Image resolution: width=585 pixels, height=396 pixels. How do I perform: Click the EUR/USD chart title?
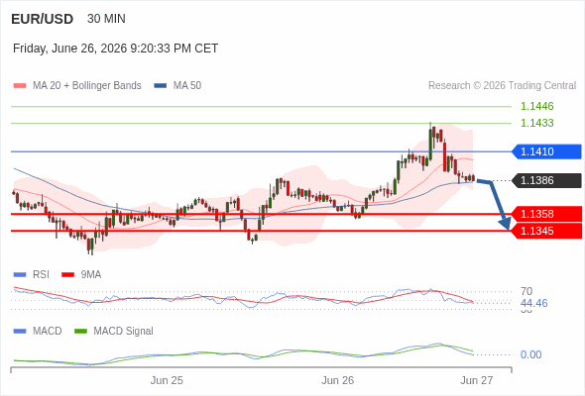[43, 19]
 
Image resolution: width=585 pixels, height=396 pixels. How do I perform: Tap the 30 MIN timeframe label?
[106, 19]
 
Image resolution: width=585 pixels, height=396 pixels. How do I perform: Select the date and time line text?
[115, 49]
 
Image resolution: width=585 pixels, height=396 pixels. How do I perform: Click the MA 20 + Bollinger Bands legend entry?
[77, 86]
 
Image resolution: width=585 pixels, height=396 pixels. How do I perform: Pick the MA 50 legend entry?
[177, 86]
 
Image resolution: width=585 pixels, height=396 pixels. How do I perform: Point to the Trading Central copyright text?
[502, 86]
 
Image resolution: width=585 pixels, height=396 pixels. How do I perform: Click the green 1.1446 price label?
[536, 106]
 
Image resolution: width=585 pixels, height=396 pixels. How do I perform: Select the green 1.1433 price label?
[536, 123]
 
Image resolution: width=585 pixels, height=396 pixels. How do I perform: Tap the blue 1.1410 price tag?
[546, 151]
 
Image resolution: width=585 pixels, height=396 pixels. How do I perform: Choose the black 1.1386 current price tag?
[546, 180]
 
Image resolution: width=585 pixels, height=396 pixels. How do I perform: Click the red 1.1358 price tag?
[546, 214]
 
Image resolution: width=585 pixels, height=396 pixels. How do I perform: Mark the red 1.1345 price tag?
[546, 231]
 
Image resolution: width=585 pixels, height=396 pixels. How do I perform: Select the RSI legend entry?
[32, 274]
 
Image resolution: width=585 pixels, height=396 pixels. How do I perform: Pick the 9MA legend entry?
[81, 274]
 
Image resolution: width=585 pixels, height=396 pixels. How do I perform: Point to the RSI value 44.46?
[533, 303]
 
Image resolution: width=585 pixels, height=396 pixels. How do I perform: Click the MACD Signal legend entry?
[114, 331]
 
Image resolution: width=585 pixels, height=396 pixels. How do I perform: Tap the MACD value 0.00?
[530, 354]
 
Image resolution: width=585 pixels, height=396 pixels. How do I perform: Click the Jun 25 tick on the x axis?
[167, 380]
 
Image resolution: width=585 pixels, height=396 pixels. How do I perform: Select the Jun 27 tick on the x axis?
[477, 380]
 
